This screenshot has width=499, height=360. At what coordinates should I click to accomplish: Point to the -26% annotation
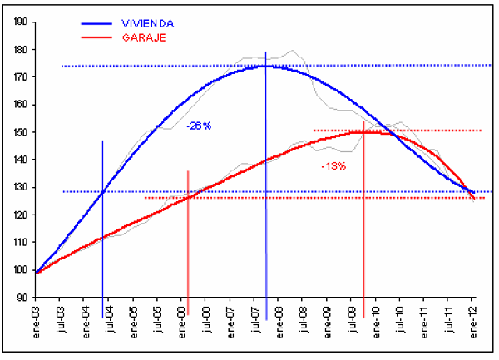pos(199,126)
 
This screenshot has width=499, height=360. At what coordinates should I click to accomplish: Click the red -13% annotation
pos(333,166)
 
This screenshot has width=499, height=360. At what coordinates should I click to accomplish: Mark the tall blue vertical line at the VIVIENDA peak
pos(266,208)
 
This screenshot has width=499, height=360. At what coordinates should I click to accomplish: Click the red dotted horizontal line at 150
pos(432,130)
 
